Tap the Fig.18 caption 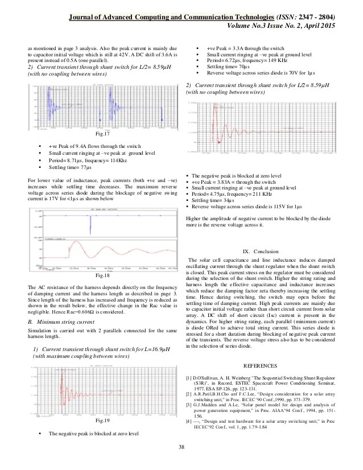tap(102, 275)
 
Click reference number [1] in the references tap(189, 378)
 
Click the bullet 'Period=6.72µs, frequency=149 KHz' tap(240, 59)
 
